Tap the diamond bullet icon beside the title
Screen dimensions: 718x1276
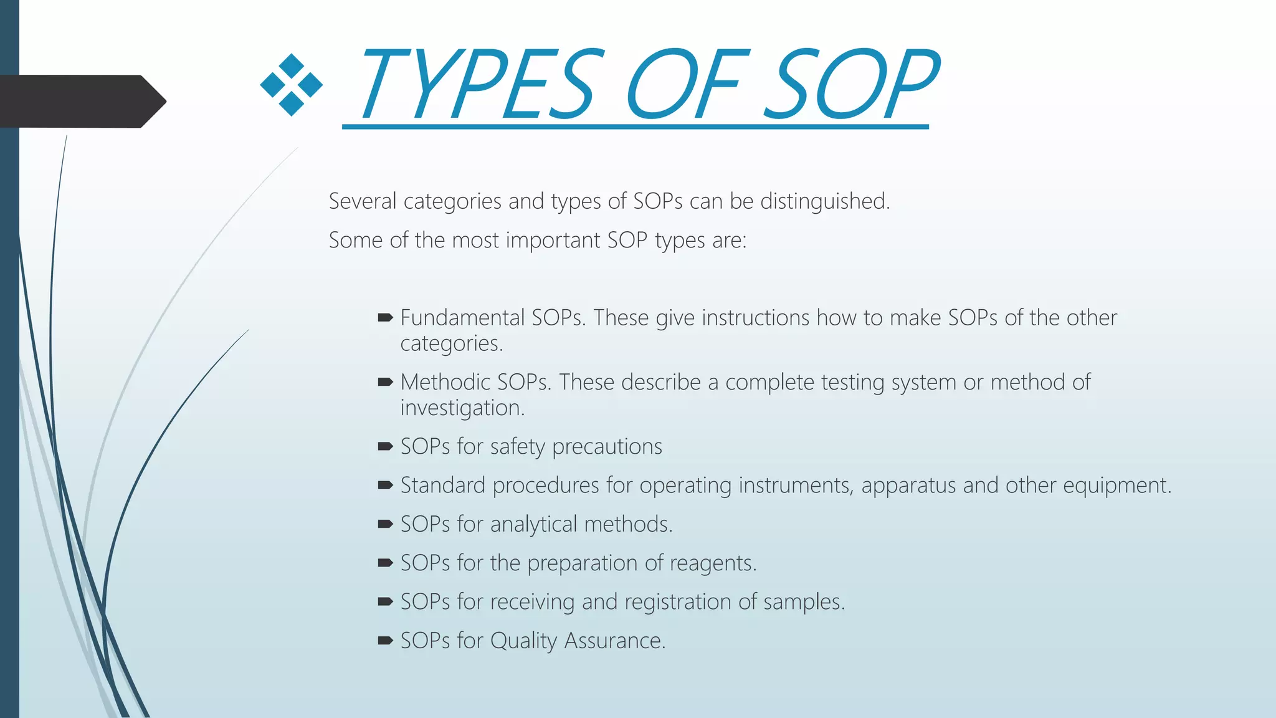coord(292,85)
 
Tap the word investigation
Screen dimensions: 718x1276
coord(462,408)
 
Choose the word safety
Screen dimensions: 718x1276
coord(518,447)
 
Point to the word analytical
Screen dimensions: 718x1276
coord(533,524)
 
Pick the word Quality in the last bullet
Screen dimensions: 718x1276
coord(523,641)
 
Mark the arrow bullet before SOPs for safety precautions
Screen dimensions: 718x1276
coord(385,446)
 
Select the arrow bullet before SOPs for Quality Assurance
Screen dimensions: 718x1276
coord(385,640)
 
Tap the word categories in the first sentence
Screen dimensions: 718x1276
coord(452,201)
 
